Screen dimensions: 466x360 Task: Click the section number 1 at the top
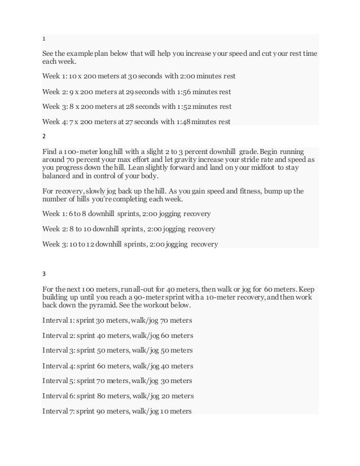[44, 39]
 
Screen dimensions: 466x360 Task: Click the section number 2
[45, 136]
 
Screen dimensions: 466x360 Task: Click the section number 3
[45, 274]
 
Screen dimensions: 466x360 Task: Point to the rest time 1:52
[187, 105]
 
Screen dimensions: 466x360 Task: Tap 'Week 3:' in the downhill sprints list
[55, 244]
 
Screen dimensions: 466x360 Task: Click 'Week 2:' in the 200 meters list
[54, 91]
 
